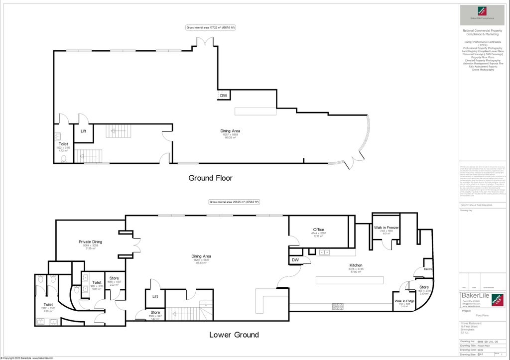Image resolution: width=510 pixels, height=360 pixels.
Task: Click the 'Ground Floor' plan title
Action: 210,178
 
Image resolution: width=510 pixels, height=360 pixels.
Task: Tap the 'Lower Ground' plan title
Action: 234,335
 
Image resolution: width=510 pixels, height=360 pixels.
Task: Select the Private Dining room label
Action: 90,242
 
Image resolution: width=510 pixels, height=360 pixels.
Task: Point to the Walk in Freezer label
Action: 386,228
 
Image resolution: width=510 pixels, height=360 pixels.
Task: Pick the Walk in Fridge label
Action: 404,301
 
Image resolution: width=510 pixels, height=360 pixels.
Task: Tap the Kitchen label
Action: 356,265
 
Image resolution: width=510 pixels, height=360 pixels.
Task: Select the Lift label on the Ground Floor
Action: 83,130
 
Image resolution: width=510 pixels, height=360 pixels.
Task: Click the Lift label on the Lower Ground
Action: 155,296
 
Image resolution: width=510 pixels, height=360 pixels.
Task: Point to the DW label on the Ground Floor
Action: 224,96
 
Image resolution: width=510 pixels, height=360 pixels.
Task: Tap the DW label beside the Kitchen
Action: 295,259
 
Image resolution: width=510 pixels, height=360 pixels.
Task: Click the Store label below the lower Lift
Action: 155,312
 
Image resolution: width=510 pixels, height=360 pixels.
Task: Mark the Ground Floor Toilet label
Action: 63,144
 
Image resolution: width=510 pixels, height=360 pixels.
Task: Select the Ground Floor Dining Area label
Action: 231,131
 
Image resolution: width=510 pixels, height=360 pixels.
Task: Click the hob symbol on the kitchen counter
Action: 337,306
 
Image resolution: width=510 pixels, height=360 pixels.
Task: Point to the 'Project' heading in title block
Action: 466,311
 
